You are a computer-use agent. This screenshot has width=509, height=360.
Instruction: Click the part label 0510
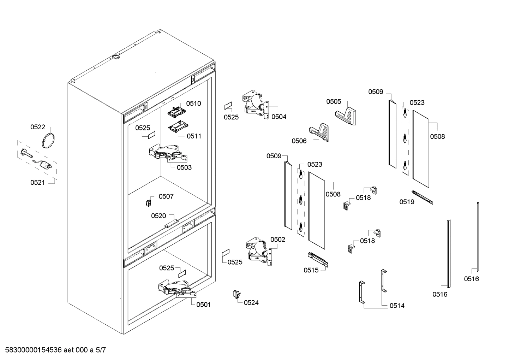click(x=193, y=104)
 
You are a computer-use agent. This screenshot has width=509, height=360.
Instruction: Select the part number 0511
click(x=194, y=136)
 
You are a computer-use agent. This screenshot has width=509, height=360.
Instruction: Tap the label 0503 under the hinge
click(x=184, y=167)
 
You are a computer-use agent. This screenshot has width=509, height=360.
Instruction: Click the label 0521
click(x=38, y=183)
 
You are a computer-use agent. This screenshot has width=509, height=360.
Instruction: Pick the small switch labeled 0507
click(x=149, y=203)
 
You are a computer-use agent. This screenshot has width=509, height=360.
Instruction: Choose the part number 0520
click(x=158, y=216)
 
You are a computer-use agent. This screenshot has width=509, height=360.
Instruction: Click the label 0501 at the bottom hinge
click(x=203, y=305)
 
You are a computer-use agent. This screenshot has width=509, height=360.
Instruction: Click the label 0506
click(x=299, y=141)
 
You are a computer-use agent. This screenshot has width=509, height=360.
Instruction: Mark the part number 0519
click(x=407, y=202)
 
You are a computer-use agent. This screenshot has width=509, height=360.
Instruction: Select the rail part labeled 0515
click(x=318, y=259)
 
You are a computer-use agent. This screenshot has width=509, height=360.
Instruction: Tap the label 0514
click(x=397, y=306)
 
